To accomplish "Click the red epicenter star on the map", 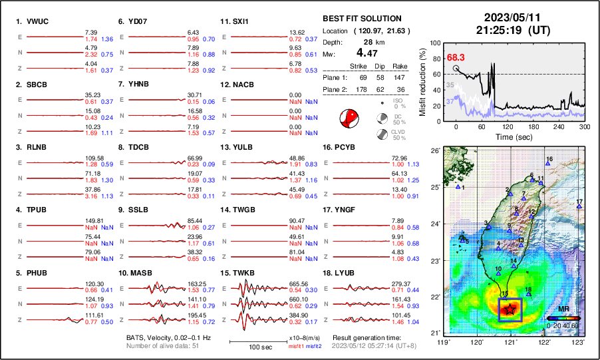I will (510, 309).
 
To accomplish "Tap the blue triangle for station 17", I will (579, 207).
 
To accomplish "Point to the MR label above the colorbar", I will (563, 309).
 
